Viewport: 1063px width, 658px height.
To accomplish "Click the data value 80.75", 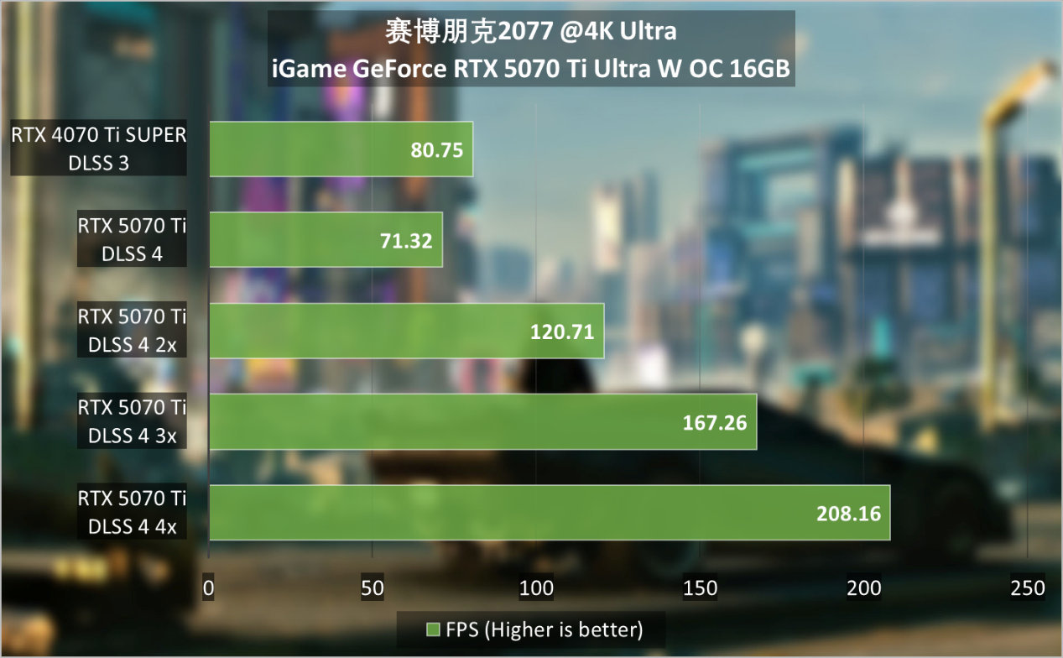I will [x=437, y=150].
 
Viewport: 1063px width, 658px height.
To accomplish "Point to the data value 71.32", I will [x=406, y=241].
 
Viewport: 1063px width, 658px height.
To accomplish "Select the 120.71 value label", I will [x=562, y=332].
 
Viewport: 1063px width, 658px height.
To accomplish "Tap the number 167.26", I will [x=715, y=422].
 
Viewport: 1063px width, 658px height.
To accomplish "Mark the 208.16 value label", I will [x=848, y=513].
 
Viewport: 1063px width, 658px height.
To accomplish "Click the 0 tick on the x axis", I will [x=209, y=588].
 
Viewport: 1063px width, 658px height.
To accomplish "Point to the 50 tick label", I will [x=373, y=588].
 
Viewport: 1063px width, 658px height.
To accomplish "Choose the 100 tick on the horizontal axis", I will [x=536, y=588].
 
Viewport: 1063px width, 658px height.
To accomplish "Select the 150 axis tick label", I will [x=700, y=588].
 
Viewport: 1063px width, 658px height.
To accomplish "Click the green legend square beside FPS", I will [x=433, y=629].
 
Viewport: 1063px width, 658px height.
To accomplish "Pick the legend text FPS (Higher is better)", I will [x=545, y=629].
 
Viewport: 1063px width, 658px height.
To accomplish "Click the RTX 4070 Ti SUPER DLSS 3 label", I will [x=99, y=149].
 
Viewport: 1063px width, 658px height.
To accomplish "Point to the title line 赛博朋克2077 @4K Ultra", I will [x=531, y=32].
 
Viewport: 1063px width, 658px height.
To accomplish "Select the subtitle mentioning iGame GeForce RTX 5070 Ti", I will [x=531, y=69].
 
